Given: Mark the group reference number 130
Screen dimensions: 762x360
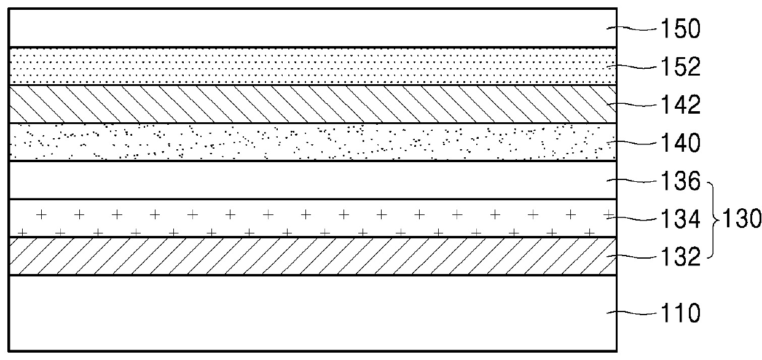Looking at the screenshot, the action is click(x=742, y=218).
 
